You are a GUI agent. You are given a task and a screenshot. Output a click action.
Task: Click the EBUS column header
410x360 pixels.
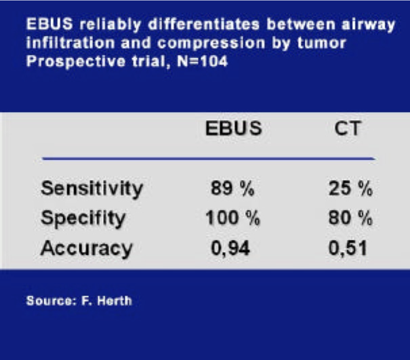click(x=233, y=128)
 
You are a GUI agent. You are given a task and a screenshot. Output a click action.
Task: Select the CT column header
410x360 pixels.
click(x=347, y=128)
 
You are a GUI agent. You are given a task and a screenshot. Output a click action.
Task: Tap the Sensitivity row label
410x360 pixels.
click(x=92, y=189)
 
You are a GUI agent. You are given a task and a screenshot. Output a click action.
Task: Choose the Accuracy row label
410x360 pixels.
click(x=87, y=248)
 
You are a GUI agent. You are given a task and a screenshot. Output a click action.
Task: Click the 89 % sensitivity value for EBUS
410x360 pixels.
click(x=233, y=188)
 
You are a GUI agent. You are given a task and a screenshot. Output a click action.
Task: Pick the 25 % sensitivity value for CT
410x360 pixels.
click(x=350, y=188)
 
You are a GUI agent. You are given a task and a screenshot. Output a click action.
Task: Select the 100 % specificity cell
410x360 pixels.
click(x=233, y=218)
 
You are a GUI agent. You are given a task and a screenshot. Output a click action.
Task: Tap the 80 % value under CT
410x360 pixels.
click(x=350, y=218)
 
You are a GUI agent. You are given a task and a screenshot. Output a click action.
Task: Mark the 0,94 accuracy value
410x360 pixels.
click(x=230, y=248)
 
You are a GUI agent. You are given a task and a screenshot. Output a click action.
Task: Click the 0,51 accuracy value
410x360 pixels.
click(x=348, y=248)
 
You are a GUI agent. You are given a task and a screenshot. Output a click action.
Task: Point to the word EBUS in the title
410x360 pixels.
click(x=49, y=24)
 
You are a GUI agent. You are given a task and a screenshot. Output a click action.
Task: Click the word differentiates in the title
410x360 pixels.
click(x=204, y=25)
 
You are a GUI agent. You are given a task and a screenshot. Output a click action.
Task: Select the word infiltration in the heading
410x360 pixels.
click(x=71, y=42)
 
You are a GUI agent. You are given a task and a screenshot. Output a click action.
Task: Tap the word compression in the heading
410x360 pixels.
click(x=211, y=43)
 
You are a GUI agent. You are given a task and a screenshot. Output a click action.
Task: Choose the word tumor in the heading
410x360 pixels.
click(x=322, y=43)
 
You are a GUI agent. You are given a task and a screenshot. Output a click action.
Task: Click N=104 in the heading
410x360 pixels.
click(x=202, y=62)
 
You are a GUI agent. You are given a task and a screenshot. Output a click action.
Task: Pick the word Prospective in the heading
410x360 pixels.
click(x=76, y=62)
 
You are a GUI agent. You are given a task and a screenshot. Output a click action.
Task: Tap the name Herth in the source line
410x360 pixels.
click(x=114, y=300)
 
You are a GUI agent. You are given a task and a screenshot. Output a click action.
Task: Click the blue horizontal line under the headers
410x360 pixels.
click(x=209, y=159)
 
